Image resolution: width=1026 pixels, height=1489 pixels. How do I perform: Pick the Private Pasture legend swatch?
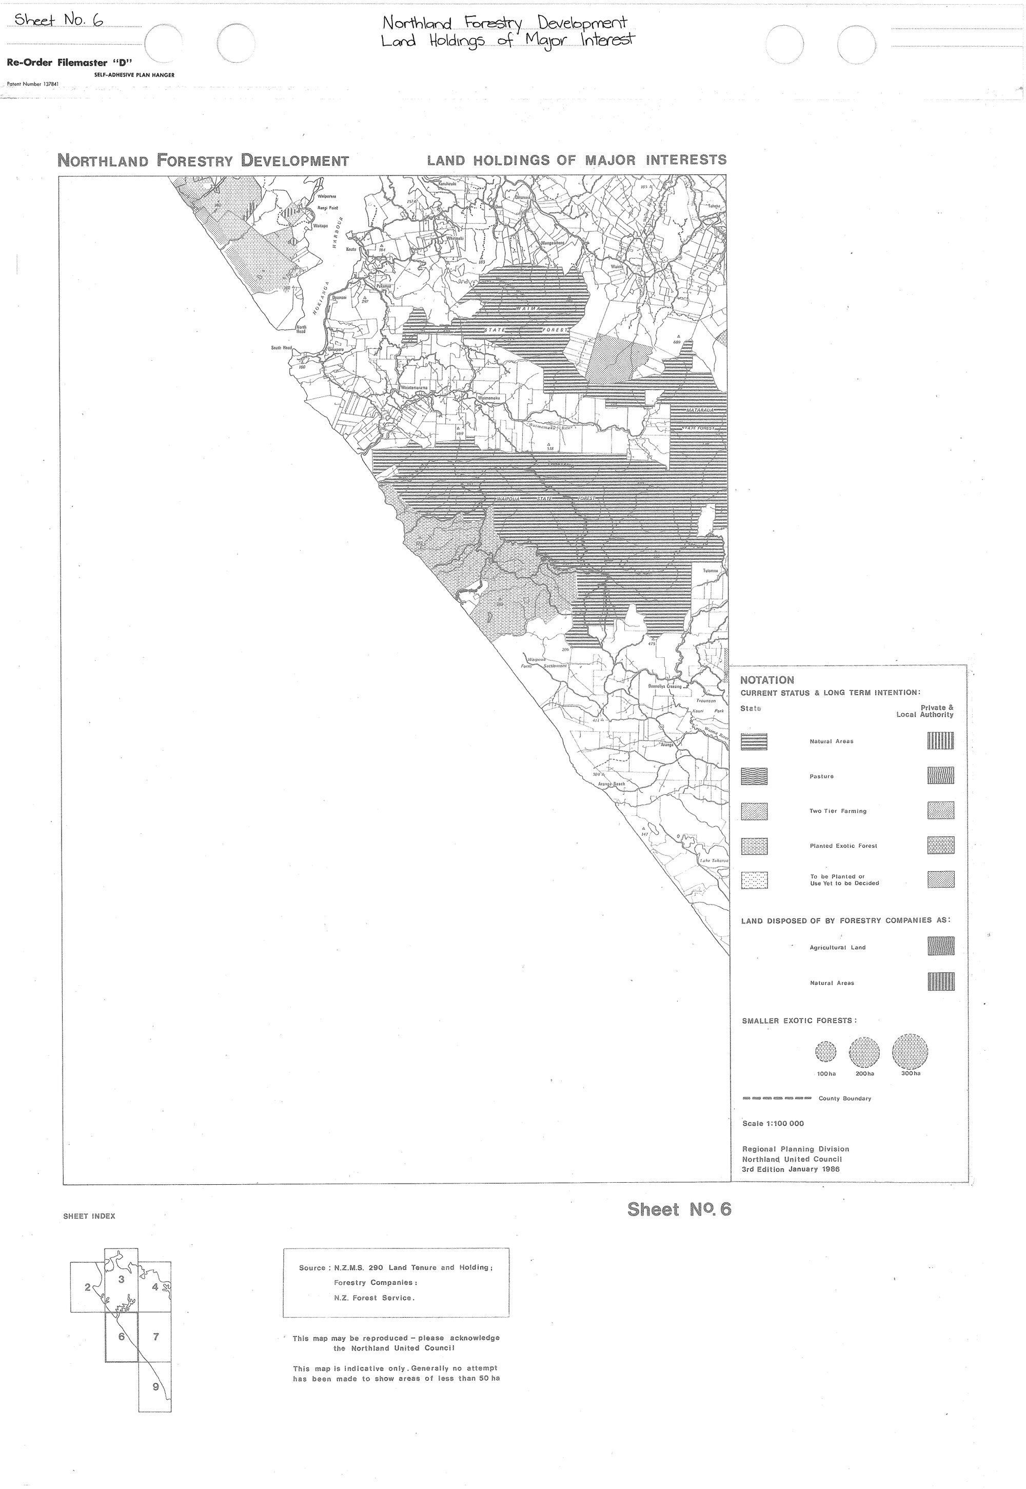click(940, 775)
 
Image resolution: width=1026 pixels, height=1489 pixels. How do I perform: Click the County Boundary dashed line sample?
click(777, 1098)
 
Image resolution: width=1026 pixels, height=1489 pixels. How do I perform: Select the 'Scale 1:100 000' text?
click(773, 1124)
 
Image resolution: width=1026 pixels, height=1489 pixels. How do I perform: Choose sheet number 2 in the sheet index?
click(87, 1287)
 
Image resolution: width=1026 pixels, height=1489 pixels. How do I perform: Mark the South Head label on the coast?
click(282, 348)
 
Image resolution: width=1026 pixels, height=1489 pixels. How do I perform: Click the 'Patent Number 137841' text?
click(32, 84)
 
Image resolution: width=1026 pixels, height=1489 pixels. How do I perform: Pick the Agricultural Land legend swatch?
click(940, 946)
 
